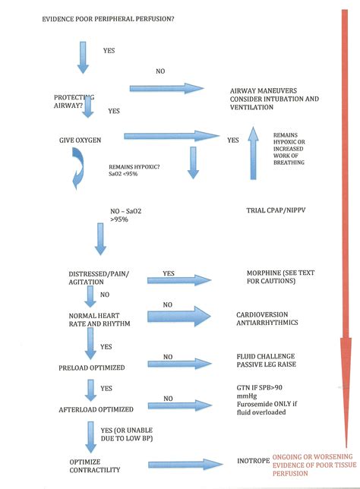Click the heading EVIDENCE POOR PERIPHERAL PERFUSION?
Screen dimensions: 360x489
tap(108, 19)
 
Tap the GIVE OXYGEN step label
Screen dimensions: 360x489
tap(81, 140)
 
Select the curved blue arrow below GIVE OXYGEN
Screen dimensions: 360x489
tap(79, 169)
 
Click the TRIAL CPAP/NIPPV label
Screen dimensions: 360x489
tap(276, 210)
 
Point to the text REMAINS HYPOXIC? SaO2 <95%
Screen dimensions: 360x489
tap(134, 170)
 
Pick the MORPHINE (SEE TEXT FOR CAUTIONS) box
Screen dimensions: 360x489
tap(280, 277)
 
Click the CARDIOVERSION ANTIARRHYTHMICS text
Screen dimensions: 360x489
tap(267, 318)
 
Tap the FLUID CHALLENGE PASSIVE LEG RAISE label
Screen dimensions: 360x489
tap(266, 360)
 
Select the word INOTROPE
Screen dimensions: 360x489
tap(254, 461)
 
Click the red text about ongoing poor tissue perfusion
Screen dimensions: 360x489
tap(314, 465)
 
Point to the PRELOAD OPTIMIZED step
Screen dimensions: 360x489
tap(92, 368)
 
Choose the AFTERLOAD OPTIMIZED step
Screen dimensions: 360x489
tap(96, 409)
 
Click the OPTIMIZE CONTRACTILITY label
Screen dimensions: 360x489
tap(94, 465)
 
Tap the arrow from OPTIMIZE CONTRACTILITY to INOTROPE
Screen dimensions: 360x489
tap(185, 465)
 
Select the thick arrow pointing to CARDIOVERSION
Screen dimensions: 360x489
tap(179, 316)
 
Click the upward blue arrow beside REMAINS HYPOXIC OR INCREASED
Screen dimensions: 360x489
tap(254, 153)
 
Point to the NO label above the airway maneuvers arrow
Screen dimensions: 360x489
tap(160, 71)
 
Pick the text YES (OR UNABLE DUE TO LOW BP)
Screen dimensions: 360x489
tap(127, 434)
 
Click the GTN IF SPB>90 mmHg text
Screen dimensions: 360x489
tap(259, 392)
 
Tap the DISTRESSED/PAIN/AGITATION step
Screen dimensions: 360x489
tap(99, 278)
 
